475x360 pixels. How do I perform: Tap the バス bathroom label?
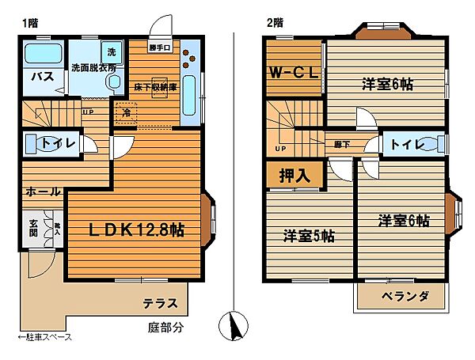pos(41,78)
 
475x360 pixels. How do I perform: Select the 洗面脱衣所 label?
pos(94,68)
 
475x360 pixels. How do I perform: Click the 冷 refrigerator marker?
pos(127,112)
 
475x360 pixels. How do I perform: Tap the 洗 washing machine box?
pos(111,52)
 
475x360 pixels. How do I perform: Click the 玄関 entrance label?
pos(32,228)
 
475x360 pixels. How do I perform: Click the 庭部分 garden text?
pos(165,326)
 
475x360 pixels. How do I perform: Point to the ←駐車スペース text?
pos(44,337)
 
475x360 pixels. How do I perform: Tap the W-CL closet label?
pos(294,74)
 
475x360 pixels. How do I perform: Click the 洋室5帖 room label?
pos(309,236)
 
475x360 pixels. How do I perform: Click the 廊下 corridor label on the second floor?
pos(342,144)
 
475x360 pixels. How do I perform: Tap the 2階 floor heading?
pos(275,22)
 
